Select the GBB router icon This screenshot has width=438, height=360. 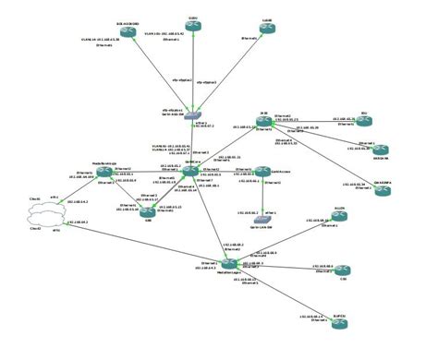pos(148,210)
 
